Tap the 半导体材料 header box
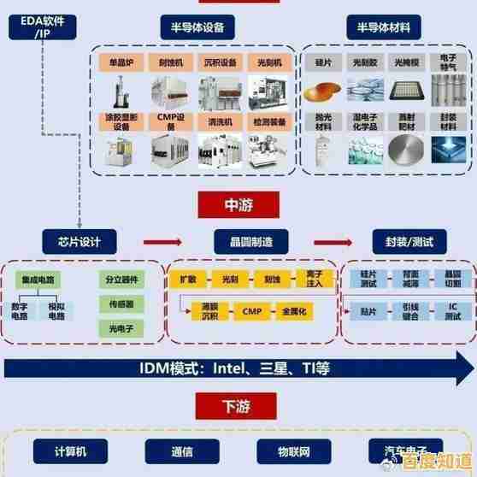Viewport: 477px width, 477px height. point(377,26)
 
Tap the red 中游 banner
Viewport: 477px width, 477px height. point(238,204)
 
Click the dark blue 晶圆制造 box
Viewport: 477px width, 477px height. point(239,241)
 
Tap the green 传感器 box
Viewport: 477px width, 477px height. point(121,303)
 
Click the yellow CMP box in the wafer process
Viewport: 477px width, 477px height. point(251,311)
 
